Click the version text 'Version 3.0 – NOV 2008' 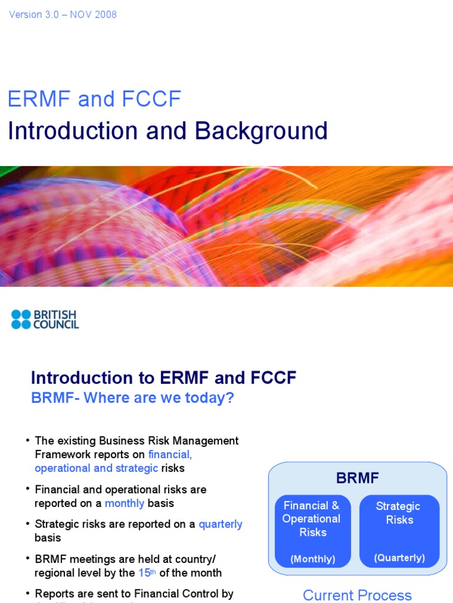click(63, 15)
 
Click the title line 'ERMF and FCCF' click(94, 99)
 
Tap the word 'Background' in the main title click(262, 131)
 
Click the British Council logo click(45, 319)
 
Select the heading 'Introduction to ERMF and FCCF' click(163, 378)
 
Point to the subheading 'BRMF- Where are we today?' click(133, 398)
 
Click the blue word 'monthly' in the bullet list click(124, 503)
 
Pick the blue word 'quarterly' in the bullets click(221, 524)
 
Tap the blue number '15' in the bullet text click(144, 572)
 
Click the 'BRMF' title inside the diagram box click(357, 478)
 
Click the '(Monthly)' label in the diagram click(313, 559)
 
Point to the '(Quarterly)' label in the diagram click(399, 558)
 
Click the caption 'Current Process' click(357, 595)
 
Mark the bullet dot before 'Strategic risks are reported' click(28, 524)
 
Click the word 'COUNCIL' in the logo click(56, 324)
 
